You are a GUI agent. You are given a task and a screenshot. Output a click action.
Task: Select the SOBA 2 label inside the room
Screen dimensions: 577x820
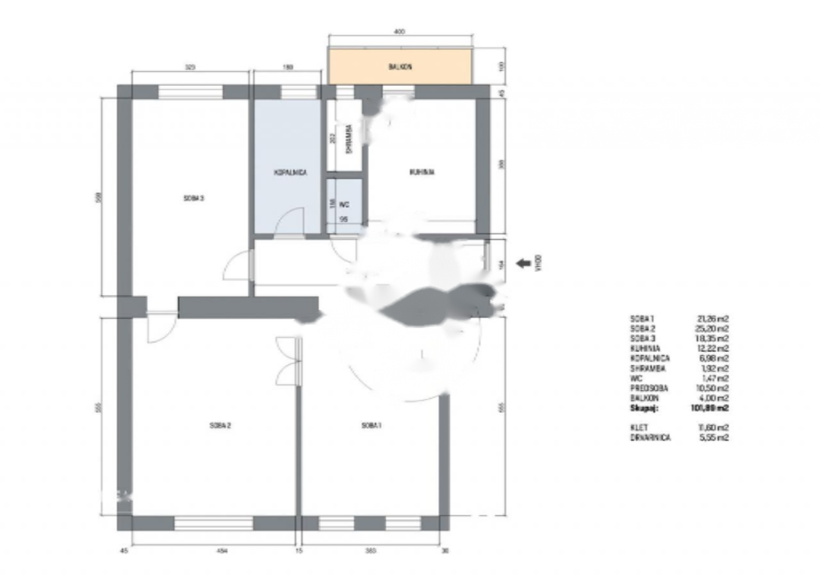click(219, 426)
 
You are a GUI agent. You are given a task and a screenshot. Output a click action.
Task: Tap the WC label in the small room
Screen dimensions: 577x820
click(344, 205)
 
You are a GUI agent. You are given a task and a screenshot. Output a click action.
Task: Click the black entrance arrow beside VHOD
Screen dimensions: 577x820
click(523, 262)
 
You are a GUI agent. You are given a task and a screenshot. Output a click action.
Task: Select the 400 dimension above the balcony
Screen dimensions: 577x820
click(400, 31)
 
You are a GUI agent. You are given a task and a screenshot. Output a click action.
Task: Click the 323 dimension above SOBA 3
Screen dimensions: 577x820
click(190, 66)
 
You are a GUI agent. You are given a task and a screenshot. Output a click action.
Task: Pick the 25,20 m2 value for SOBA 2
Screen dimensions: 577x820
click(714, 328)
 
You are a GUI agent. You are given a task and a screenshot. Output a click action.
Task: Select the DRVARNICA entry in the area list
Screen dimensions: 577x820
click(651, 437)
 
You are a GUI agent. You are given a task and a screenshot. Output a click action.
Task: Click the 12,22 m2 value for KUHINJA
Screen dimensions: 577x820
click(714, 348)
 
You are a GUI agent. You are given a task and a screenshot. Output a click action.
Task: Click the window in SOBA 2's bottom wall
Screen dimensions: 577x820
click(214, 523)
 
